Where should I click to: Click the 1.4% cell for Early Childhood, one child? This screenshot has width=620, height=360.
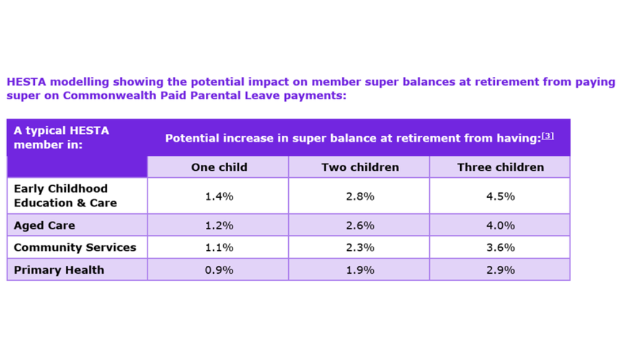[x=219, y=196]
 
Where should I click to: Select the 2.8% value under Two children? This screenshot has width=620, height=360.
[x=360, y=196]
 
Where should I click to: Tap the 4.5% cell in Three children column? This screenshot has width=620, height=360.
[x=500, y=196]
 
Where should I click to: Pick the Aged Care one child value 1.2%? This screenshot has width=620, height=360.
[x=219, y=226]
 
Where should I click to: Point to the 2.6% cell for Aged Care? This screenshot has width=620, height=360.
[x=360, y=226]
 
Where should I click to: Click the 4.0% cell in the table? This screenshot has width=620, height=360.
[x=500, y=226]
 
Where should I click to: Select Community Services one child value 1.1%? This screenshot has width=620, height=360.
[x=219, y=247]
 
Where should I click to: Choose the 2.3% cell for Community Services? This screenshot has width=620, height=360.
[x=360, y=247]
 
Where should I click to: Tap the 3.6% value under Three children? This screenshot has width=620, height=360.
[x=500, y=247]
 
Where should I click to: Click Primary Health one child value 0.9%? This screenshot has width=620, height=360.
[x=219, y=270]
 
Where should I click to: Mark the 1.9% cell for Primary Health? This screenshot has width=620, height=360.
[x=360, y=270]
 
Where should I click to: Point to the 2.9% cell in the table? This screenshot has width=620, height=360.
[x=500, y=270]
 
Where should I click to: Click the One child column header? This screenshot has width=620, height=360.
[x=219, y=167]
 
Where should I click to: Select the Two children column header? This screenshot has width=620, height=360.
[x=360, y=167]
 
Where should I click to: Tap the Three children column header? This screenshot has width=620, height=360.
[x=500, y=167]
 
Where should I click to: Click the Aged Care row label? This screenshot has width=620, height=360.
[x=44, y=226]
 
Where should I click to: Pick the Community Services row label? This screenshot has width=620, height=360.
[x=75, y=247]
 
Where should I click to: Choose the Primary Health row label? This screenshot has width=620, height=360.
[x=59, y=270]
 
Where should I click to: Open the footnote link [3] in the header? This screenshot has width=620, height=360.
[x=547, y=136]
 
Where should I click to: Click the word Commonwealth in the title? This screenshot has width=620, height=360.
[x=105, y=96]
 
